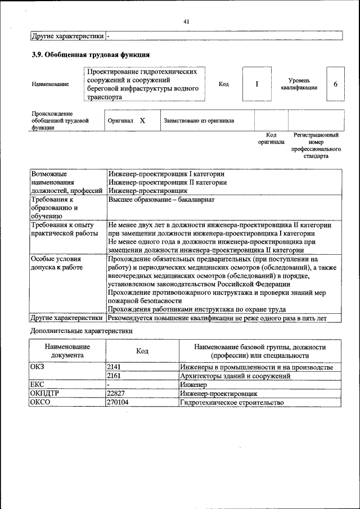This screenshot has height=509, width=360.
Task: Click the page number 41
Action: pos(186,22)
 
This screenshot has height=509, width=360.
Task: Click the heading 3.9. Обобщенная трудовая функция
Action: pos(90,55)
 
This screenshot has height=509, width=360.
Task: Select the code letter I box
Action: pos(256,84)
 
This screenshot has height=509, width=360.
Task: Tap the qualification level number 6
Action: pos(335,84)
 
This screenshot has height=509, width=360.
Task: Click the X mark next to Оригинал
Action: pos(142,120)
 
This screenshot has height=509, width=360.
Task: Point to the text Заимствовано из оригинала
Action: pos(199,121)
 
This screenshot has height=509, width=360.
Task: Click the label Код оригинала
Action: pos(271,138)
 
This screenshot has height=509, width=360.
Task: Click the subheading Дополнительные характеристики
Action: pos(82,331)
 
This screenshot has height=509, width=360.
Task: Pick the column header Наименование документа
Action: pos(67,351)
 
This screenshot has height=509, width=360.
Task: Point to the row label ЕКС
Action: pos(37,385)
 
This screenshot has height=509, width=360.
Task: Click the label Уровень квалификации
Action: pos(299,84)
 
